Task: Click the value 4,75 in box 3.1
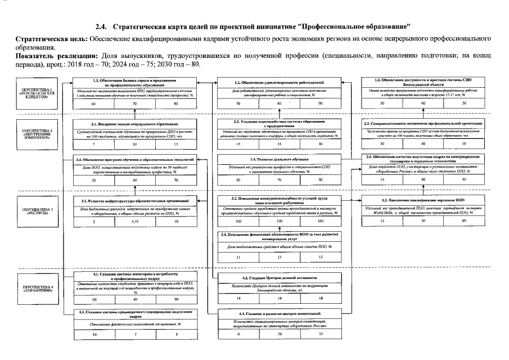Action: [135, 222]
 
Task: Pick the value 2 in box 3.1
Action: [93, 222]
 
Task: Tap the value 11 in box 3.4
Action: [238, 257]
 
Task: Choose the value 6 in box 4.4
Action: [238, 334]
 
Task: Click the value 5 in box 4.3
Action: [177, 335]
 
